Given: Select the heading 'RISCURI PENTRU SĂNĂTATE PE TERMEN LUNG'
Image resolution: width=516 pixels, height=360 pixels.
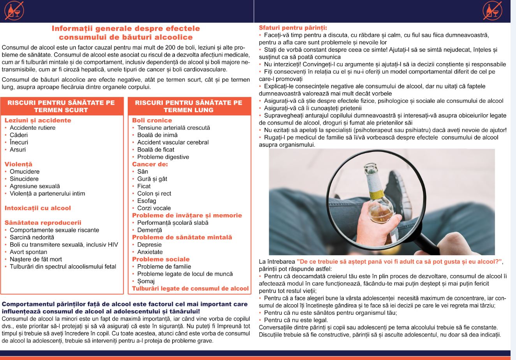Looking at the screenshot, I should click(188, 106).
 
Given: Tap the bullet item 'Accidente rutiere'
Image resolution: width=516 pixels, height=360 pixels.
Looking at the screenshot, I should click(32, 128).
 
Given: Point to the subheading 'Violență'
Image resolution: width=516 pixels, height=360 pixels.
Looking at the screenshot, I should click(18, 164).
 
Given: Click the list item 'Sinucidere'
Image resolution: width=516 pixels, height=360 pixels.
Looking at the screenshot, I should click(24, 179).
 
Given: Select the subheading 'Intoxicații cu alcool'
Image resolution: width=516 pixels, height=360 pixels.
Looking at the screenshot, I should click(38, 208).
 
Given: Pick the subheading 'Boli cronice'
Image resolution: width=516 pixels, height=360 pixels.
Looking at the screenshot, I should click(152, 120).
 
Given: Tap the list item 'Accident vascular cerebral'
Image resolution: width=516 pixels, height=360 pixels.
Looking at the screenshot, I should click(173, 142).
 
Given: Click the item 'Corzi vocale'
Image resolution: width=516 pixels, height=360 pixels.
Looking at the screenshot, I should click(154, 208).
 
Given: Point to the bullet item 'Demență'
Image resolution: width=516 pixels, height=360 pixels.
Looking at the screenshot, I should click(149, 230).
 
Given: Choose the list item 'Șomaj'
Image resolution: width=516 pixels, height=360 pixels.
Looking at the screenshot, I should click(146, 281).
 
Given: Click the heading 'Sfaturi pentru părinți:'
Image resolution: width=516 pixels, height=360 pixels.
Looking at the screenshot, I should click(293, 28).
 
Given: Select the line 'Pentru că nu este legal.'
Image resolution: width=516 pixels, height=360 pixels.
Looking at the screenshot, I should click(294, 320).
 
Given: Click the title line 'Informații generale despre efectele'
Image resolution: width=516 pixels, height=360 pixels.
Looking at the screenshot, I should click(126, 29).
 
